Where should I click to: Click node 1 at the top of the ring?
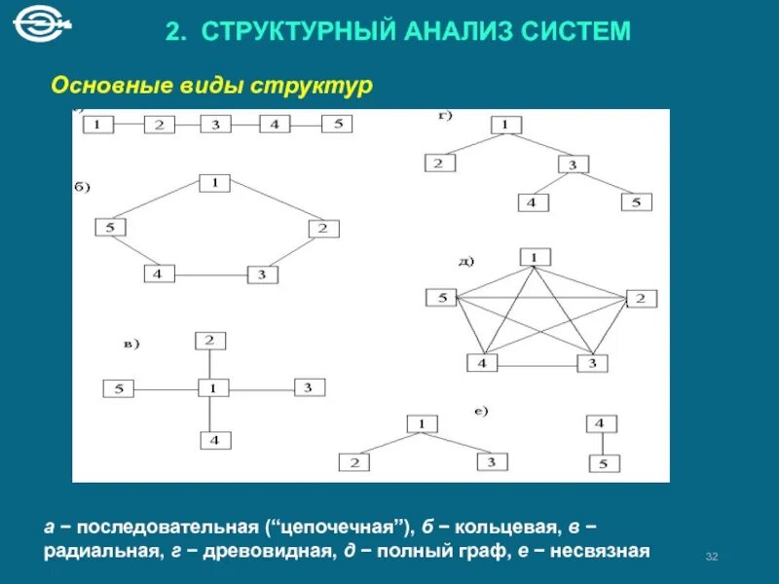tap(214, 182)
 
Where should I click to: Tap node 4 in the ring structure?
tap(158, 274)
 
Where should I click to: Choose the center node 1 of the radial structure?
tap(212, 387)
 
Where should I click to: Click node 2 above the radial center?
tap(209, 341)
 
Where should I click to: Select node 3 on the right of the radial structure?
tap(308, 387)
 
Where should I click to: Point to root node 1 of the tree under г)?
tap(506, 125)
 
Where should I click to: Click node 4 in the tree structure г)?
tap(532, 202)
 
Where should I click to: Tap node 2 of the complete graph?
tap(641, 298)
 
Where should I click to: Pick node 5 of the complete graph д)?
tap(441, 298)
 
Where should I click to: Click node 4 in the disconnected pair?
tap(601, 423)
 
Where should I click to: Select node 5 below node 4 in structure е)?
tap(604, 463)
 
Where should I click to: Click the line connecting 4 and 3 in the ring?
tap(210, 275)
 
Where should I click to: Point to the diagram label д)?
tap(465, 261)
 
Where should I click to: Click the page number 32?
tap(711, 556)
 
